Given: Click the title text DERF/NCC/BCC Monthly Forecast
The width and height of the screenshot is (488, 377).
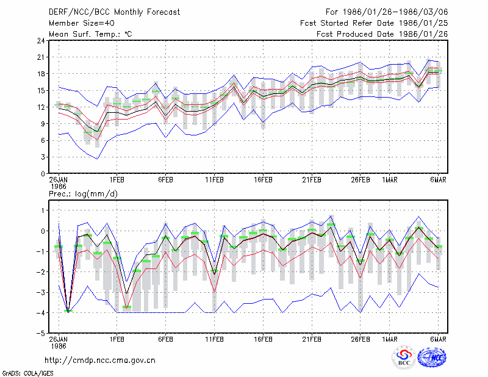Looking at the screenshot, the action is click(x=114, y=12).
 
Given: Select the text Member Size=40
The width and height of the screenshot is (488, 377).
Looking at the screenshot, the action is click(x=82, y=23).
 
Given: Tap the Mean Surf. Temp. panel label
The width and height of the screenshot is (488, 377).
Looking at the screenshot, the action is click(x=90, y=34).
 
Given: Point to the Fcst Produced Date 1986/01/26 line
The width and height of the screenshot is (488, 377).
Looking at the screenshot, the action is click(x=382, y=34).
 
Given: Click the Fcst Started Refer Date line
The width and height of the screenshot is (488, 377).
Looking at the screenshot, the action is click(x=374, y=23).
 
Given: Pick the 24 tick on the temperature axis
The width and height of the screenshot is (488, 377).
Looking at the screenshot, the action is click(x=41, y=41).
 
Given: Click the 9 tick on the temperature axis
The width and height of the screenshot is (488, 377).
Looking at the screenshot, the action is click(x=43, y=124).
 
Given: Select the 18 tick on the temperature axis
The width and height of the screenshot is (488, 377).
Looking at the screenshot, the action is click(x=41, y=74).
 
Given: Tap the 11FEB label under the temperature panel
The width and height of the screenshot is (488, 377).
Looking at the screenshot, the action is click(x=215, y=180).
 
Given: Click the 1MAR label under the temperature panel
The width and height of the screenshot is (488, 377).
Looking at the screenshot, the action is click(x=390, y=180).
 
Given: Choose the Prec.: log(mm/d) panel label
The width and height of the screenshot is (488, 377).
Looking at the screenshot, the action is click(x=83, y=194).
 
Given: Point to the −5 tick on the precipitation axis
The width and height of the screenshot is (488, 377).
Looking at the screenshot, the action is click(x=40, y=333).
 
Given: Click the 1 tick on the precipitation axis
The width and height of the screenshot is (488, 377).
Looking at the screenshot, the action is click(x=43, y=210).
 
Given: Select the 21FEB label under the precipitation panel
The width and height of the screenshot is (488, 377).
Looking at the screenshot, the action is click(x=312, y=339).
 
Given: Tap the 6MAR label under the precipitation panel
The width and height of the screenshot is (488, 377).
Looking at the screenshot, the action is click(x=438, y=339).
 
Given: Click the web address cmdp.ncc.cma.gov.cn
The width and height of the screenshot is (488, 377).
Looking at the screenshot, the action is click(x=100, y=361).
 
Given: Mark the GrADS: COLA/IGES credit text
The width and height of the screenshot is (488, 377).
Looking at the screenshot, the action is click(x=27, y=373).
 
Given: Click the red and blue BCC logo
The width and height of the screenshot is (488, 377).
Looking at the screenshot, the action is click(x=404, y=358).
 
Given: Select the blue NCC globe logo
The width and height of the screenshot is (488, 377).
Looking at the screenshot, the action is click(x=432, y=357).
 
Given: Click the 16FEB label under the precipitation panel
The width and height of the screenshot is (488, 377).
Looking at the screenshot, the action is click(x=263, y=339).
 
